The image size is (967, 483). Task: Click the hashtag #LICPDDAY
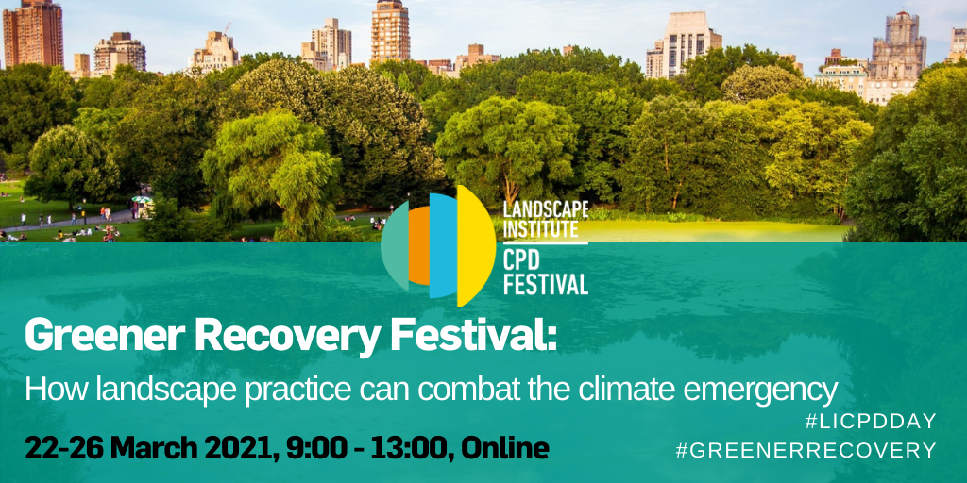(x=871, y=422)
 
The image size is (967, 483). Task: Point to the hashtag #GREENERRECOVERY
(x=806, y=450)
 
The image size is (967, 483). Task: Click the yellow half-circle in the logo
(x=476, y=246)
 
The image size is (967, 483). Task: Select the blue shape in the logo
(x=443, y=246)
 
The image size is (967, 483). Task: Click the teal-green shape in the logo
(x=395, y=246)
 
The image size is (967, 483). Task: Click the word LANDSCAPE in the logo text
(x=546, y=210)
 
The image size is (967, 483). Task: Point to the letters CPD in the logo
(x=526, y=259)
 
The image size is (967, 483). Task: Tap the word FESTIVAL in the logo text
(x=546, y=285)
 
